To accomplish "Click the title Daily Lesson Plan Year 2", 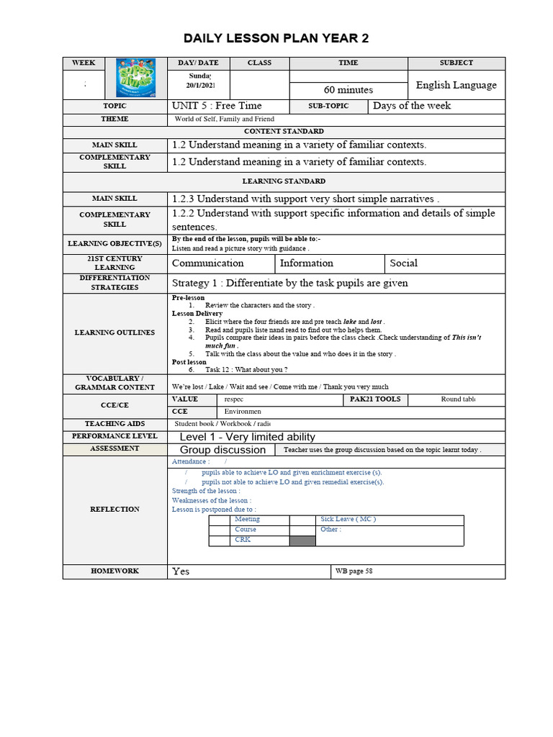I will (x=276, y=38).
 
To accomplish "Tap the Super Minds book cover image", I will (x=135, y=78).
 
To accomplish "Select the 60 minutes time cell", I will (x=349, y=90).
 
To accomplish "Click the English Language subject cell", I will (x=456, y=85).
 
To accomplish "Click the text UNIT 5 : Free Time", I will (x=217, y=106).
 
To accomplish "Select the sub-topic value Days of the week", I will (x=412, y=106).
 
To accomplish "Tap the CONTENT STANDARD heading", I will (x=284, y=132).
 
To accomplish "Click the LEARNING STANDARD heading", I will (x=284, y=181).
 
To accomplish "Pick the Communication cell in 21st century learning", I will (x=207, y=263).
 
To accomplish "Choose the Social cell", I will (x=403, y=263).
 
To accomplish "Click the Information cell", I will (x=307, y=263).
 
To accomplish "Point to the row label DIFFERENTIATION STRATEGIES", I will (x=114, y=282).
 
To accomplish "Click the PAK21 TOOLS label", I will (x=374, y=399).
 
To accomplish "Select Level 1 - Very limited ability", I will (x=247, y=437).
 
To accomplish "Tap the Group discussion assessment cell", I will (x=222, y=450).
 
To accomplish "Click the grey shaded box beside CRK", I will (x=302, y=541).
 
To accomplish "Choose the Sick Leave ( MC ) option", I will (x=348, y=519).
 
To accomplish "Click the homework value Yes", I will (x=181, y=571).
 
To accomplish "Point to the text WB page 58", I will (x=354, y=571).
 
